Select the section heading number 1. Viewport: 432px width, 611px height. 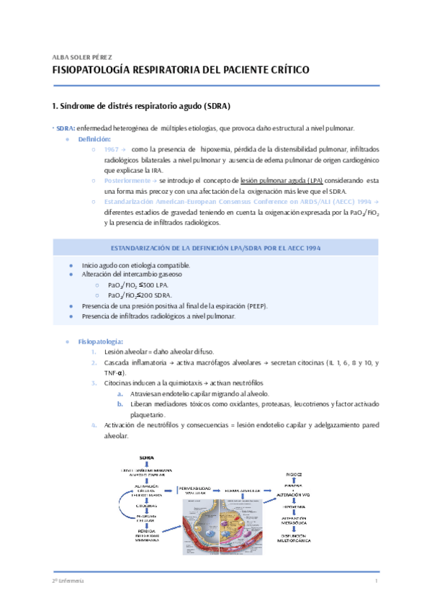55,106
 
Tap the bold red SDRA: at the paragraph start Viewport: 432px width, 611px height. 66,128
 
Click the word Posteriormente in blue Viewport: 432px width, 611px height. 127,180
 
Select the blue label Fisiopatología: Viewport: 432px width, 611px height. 100,341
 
